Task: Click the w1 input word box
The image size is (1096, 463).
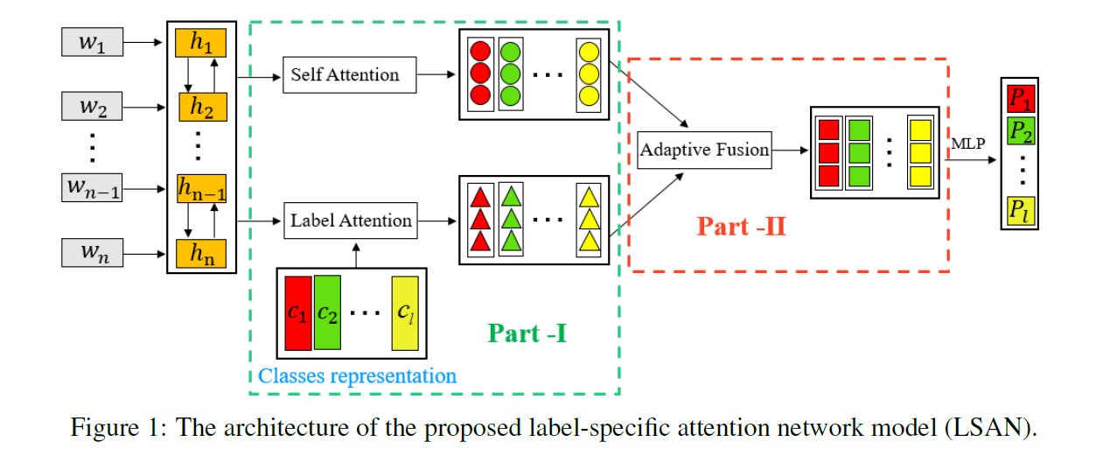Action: [x=92, y=43]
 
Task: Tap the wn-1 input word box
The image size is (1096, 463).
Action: [x=92, y=187]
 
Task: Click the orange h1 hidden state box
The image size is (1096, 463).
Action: [x=201, y=43]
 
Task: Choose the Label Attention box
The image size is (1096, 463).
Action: [x=350, y=221]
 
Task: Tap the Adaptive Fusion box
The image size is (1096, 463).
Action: [x=705, y=150]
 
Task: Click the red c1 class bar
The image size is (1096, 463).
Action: [x=297, y=312]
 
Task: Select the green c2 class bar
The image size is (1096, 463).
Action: [x=327, y=312]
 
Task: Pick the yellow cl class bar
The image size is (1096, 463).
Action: [x=406, y=312]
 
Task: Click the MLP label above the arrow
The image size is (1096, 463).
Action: [x=969, y=144]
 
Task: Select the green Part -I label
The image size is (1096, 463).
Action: [x=527, y=333]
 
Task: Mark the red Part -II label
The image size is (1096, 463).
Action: [x=741, y=227]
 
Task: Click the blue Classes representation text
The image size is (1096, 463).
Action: [x=358, y=376]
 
